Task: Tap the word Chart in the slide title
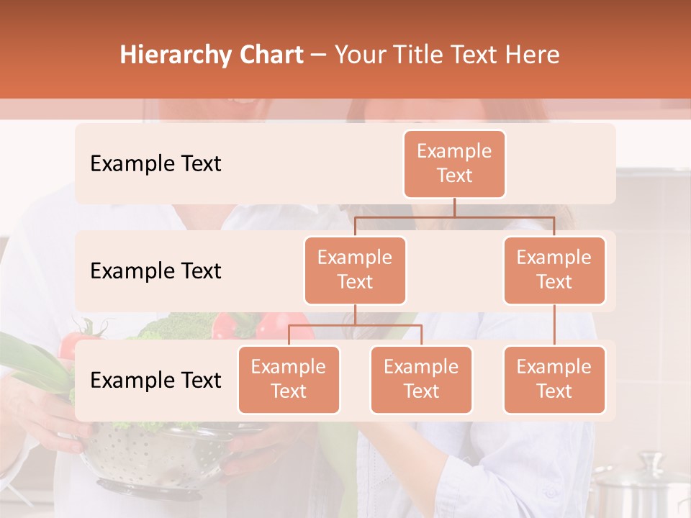(270, 55)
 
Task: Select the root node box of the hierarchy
(454, 163)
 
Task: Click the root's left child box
(355, 270)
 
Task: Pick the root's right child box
(554, 270)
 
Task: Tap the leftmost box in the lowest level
(289, 379)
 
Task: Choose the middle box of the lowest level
(421, 379)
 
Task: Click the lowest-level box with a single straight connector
(554, 379)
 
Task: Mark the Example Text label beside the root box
(155, 163)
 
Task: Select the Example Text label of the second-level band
(155, 271)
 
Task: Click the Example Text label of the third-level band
(155, 380)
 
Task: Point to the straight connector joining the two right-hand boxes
(554, 325)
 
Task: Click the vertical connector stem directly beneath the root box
(454, 207)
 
